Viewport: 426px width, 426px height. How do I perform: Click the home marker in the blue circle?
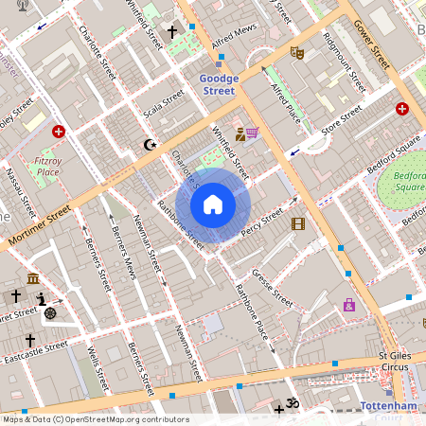coord(213,204)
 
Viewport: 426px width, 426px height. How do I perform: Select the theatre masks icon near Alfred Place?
coord(296,53)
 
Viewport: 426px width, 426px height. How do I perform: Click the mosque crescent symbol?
coord(148,145)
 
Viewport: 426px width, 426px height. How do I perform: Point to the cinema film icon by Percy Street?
coord(299,223)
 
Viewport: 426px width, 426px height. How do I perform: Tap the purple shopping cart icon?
coord(253,133)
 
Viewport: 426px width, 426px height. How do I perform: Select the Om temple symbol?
coord(293,404)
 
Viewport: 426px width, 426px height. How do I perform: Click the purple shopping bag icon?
coord(349,305)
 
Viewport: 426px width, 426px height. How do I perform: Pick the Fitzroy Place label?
coord(47,167)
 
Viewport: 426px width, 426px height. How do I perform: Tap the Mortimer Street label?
coord(40,228)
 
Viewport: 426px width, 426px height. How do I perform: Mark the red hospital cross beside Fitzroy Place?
coord(60,133)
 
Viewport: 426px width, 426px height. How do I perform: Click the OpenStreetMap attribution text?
coord(95,419)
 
